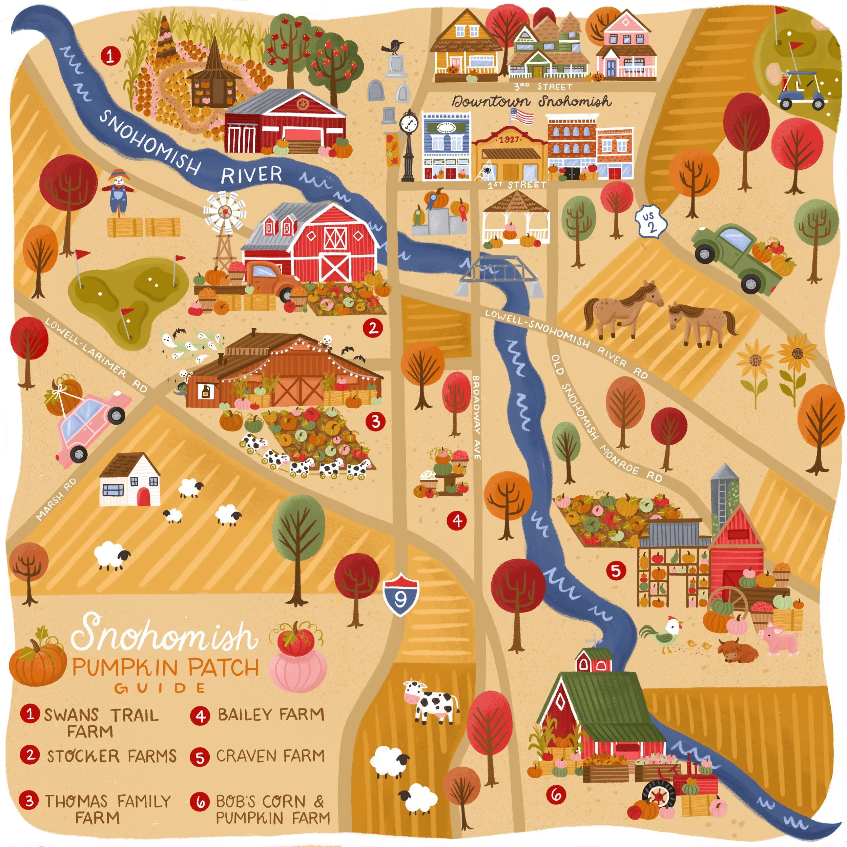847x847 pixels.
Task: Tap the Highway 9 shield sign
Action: [x=401, y=596]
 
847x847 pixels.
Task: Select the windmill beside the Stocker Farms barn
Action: [x=225, y=228]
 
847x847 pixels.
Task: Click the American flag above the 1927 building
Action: [x=522, y=117]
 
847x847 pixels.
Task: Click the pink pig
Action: [x=780, y=641]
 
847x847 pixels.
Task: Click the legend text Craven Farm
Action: [x=270, y=756]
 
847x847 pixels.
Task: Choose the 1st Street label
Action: [x=517, y=185]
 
